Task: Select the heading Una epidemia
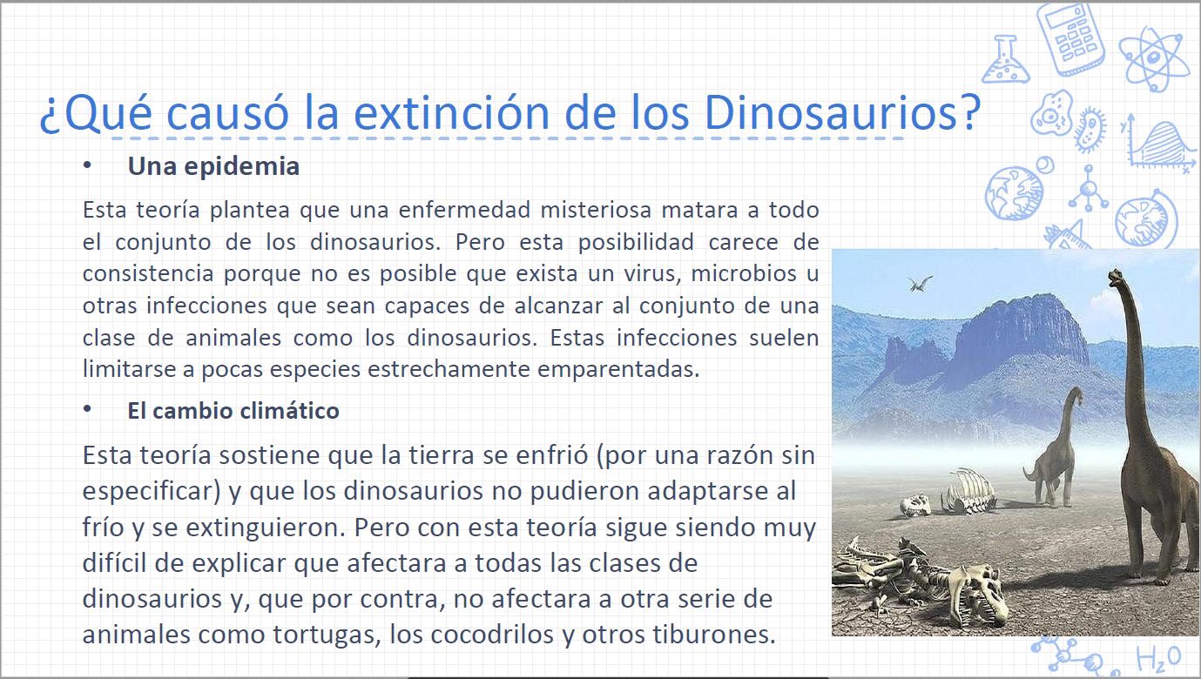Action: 213,166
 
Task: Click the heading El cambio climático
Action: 233,411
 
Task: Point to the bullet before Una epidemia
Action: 87,165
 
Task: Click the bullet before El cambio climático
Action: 87,409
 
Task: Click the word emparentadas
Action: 618,370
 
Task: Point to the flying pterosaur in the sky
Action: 921,283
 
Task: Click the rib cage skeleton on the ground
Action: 968,491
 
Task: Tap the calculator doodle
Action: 1070,37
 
